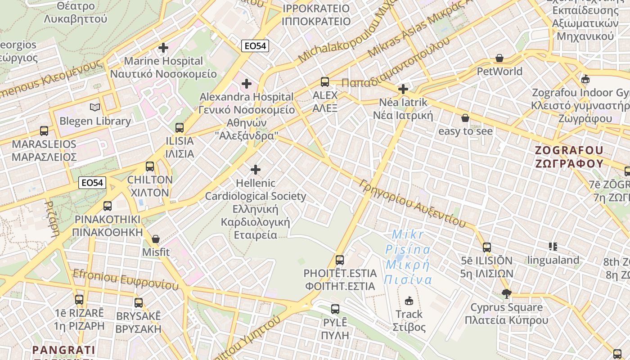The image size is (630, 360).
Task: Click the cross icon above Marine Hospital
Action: (163, 47)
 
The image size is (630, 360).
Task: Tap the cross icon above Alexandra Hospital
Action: (246, 83)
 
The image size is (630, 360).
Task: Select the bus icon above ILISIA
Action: (180, 127)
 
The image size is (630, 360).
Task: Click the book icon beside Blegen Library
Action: (95, 107)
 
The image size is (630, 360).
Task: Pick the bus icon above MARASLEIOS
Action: (44, 131)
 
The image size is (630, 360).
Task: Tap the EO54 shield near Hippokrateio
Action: (255, 45)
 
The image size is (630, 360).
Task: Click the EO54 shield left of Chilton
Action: (93, 183)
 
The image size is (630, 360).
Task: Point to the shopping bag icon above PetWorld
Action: (499, 58)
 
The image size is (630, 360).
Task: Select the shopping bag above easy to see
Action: (465, 118)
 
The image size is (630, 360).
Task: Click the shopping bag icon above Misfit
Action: (156, 238)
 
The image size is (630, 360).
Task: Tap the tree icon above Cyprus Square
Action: (506, 294)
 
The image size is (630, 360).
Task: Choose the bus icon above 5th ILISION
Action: (487, 247)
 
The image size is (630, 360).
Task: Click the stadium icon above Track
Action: (409, 300)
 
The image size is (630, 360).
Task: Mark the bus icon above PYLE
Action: (335, 309)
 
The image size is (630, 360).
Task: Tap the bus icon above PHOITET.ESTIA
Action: (340, 260)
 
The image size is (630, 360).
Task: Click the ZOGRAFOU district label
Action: (569, 156)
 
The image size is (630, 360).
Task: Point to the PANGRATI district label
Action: (63, 350)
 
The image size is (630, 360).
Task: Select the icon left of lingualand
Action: (553, 246)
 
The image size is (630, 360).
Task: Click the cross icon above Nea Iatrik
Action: (403, 89)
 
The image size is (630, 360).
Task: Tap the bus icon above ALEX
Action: (325, 82)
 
